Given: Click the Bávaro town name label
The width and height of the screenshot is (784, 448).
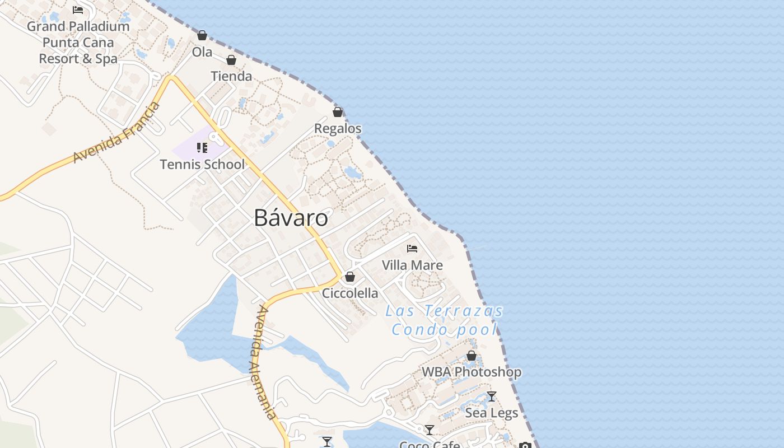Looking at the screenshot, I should tap(291, 217).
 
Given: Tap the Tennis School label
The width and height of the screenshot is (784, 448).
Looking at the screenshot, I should tap(202, 164).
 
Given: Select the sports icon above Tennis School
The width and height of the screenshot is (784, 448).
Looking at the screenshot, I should tap(202, 148).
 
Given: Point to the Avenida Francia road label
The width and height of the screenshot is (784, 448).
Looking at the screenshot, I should tap(116, 132).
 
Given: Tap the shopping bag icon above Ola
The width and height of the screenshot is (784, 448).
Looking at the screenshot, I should tap(202, 36).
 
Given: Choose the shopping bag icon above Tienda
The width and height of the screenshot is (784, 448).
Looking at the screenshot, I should tap(231, 60).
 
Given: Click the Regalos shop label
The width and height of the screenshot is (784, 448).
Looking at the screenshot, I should tap(338, 128).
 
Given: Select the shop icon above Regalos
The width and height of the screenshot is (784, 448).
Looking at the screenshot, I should tap(338, 112).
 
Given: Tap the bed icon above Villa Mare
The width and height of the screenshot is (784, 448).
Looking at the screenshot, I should tap(412, 249).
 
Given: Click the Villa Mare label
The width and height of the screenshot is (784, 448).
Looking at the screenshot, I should tap(412, 265).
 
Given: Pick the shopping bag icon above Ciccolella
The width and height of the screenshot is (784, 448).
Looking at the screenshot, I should tap(350, 277).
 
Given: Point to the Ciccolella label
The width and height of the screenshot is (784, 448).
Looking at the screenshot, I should tap(350, 293).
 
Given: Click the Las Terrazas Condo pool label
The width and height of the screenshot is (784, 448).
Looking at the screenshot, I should tap(445, 320).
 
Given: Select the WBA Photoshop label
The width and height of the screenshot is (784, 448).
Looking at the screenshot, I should tap(472, 372).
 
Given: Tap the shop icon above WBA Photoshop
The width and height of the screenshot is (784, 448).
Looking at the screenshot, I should tap(472, 356).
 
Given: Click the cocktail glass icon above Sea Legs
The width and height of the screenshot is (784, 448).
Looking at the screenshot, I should tap(492, 396).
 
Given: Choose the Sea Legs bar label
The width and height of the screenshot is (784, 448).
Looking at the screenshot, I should tap(492, 413).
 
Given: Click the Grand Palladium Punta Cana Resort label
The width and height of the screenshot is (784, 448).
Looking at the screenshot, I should tap(78, 42).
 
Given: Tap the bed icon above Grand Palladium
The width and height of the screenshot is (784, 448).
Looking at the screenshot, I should tap(78, 10).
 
